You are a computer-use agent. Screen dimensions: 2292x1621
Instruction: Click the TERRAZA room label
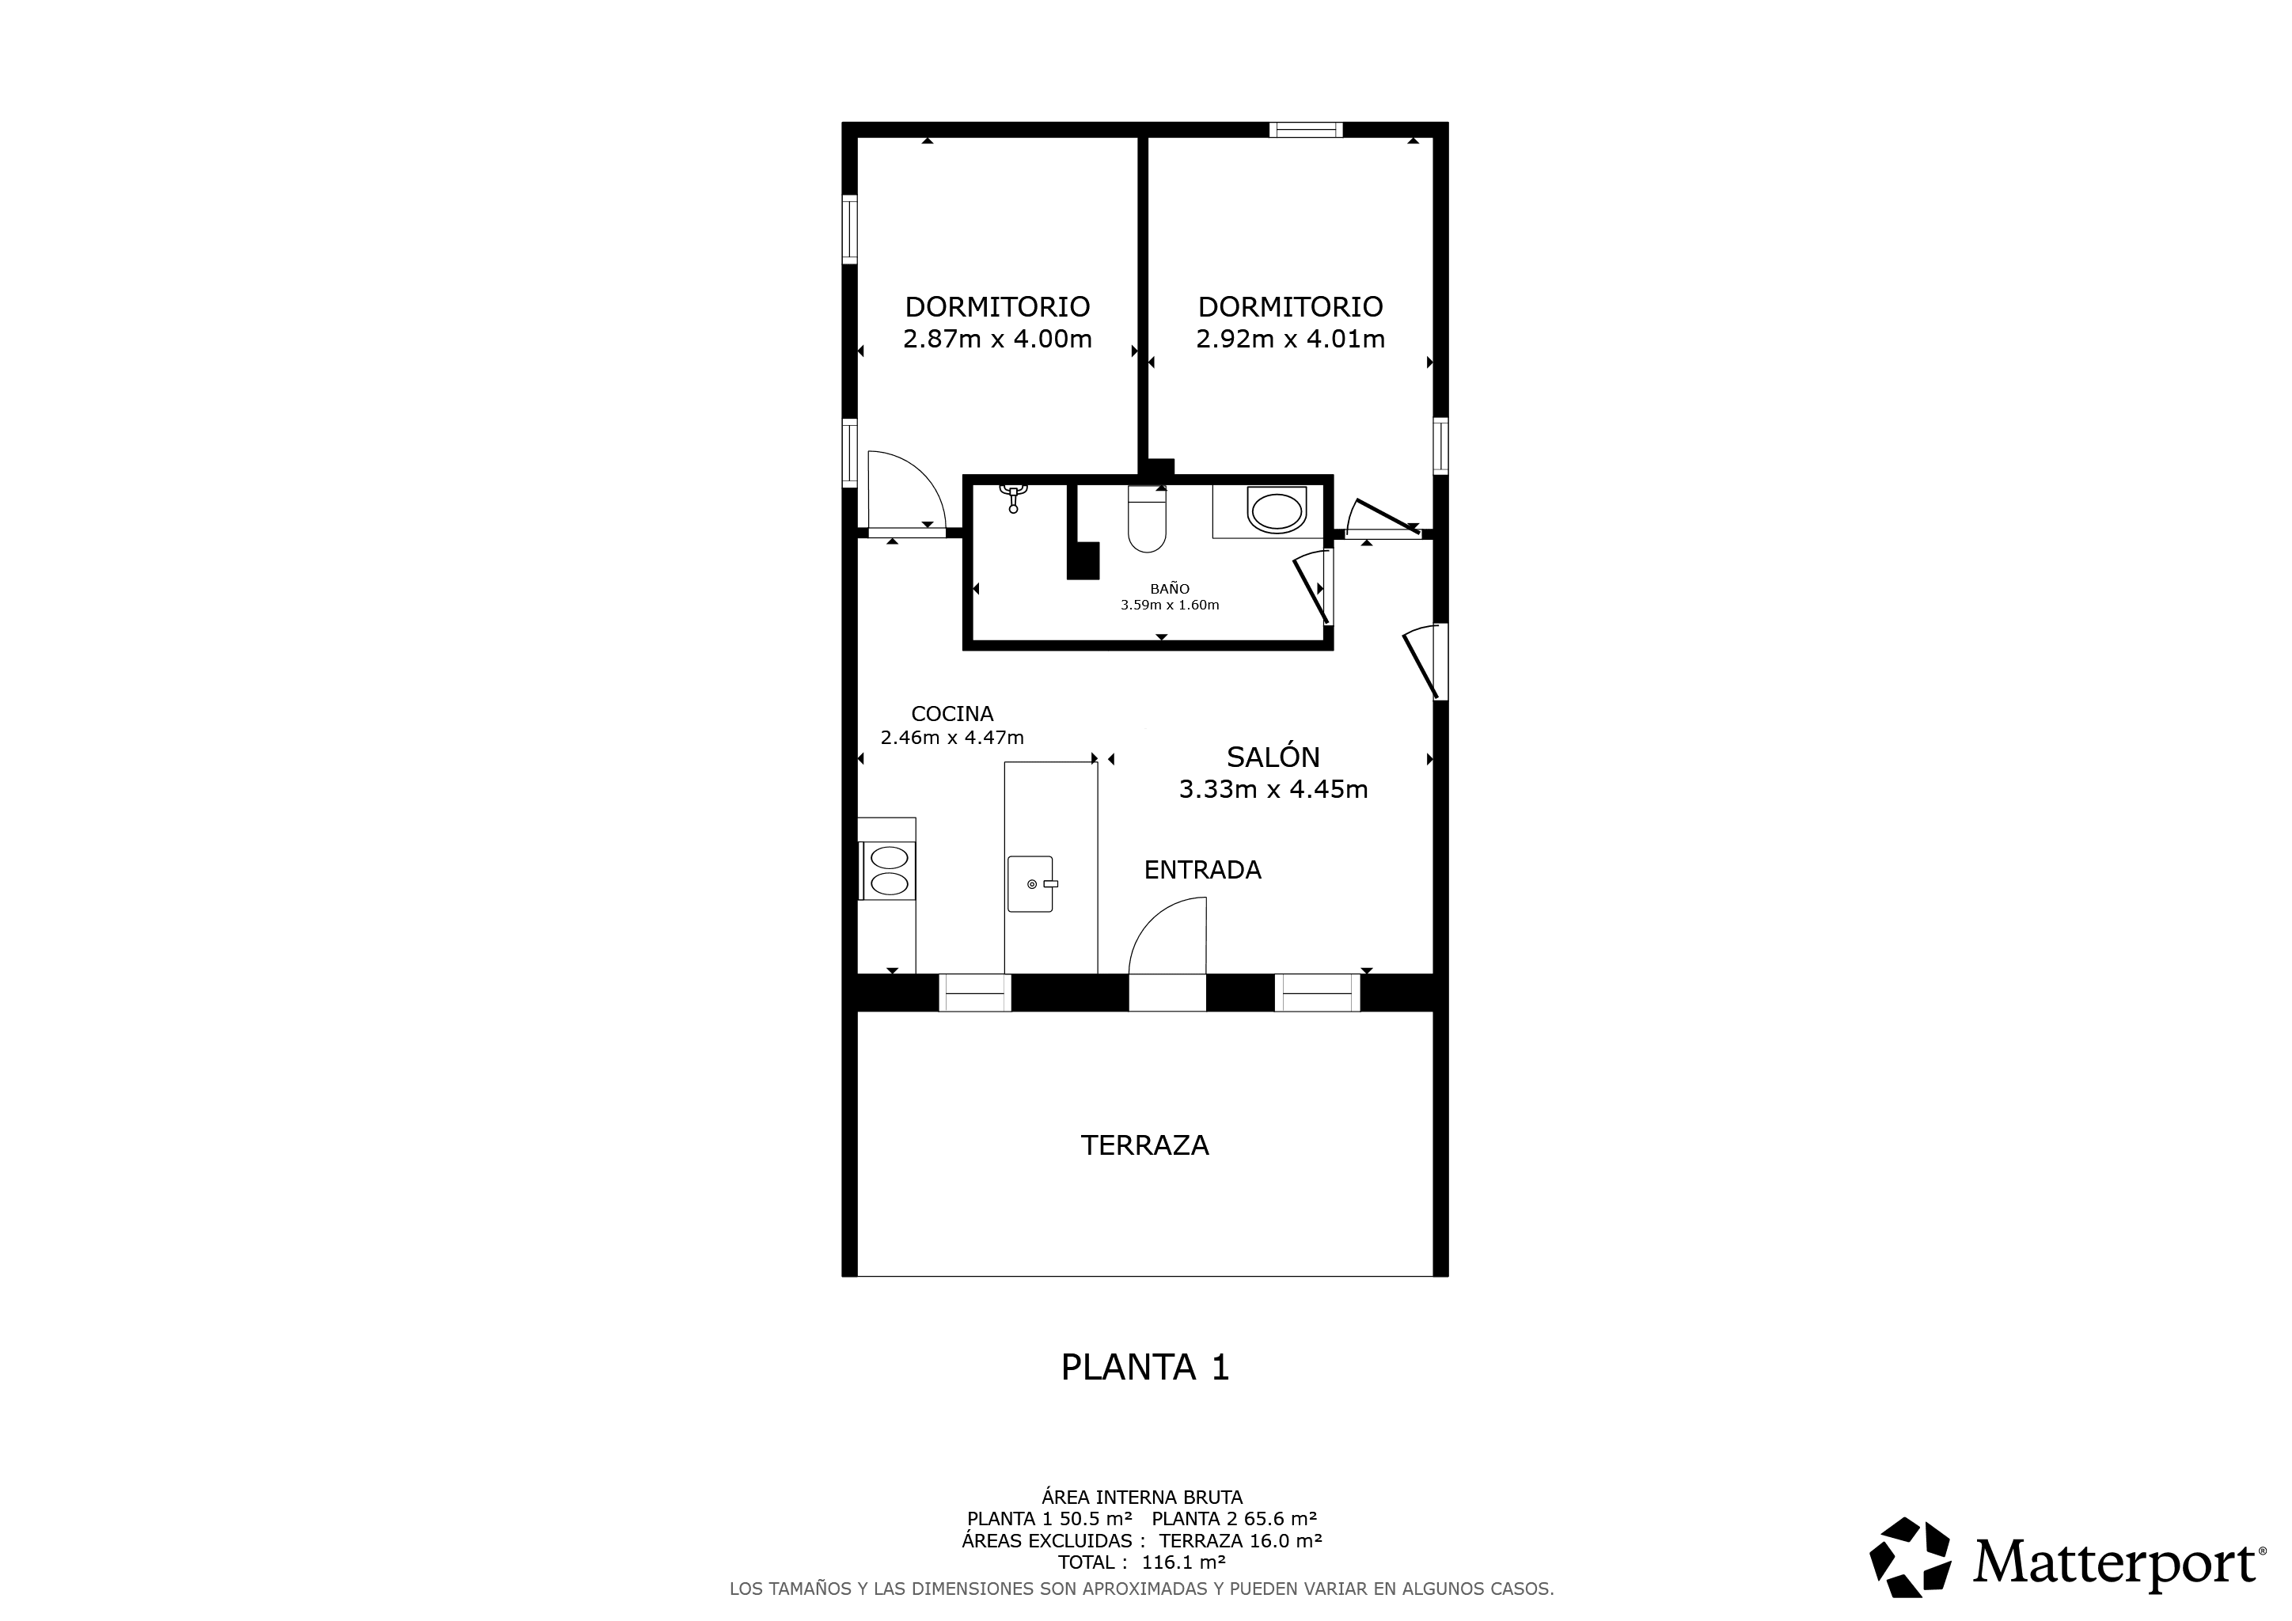click(x=1145, y=1146)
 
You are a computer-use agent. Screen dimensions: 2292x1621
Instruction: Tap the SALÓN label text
click(x=1273, y=757)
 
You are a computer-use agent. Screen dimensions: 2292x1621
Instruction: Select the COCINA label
click(x=952, y=714)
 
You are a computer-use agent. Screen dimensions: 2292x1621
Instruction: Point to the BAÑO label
click(x=1170, y=589)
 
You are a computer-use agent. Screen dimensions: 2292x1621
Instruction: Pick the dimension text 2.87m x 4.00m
click(x=997, y=340)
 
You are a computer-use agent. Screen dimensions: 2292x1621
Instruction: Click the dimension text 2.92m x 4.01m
click(x=1291, y=340)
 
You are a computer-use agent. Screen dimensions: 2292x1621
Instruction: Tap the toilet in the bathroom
click(x=1147, y=519)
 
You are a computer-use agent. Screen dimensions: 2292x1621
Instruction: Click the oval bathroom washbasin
click(x=1277, y=511)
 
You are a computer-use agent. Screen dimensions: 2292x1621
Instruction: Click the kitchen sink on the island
click(x=1031, y=883)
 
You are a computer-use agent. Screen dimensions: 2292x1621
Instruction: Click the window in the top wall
click(x=1306, y=130)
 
